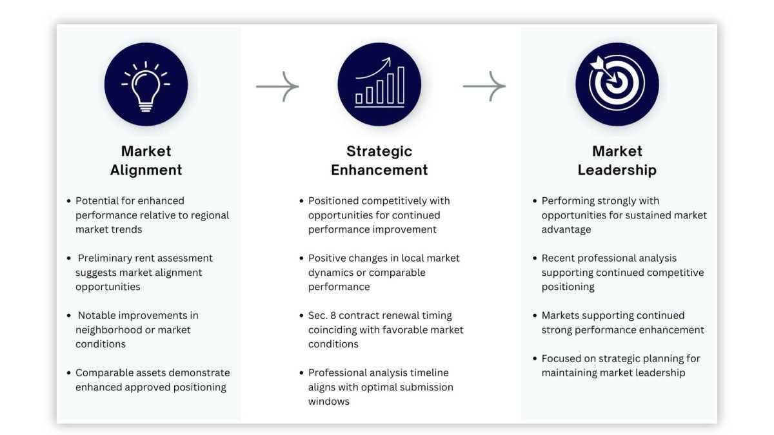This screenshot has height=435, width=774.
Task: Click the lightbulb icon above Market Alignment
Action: pos(146,84)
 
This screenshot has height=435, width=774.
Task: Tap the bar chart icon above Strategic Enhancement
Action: pos(379,84)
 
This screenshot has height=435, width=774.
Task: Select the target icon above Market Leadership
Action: pos(617,84)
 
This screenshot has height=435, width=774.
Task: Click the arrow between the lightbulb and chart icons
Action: pos(277,86)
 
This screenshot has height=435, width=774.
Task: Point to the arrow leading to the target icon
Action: pos(484,86)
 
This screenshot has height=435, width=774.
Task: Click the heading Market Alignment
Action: pos(146,160)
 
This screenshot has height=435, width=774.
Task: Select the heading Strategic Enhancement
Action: pos(379,160)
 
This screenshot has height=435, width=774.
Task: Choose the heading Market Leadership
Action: pos(617,160)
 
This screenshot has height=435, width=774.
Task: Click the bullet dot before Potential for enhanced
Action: pos(69,201)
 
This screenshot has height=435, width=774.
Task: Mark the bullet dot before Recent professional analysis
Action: pos(535,258)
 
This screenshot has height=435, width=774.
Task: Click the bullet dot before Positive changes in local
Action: pos(301,258)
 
